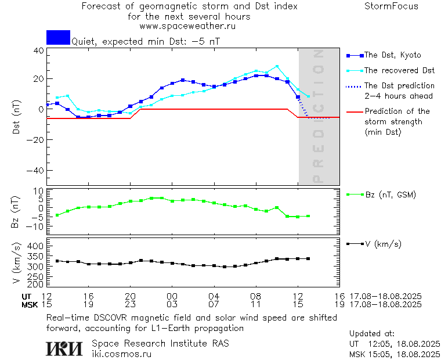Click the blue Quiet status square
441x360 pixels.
(x=58, y=38)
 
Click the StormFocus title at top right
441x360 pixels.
(x=391, y=6)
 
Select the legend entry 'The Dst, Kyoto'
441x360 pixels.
(x=392, y=55)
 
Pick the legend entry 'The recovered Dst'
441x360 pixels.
(x=399, y=70)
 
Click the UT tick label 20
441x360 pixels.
(x=130, y=296)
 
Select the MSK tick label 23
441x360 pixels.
(x=130, y=304)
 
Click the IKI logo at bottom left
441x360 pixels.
(x=66, y=348)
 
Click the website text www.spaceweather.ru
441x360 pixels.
(x=187, y=26)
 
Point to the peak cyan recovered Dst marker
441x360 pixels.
(x=277, y=66)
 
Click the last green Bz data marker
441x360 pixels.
(x=308, y=216)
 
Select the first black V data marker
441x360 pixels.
(x=57, y=261)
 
